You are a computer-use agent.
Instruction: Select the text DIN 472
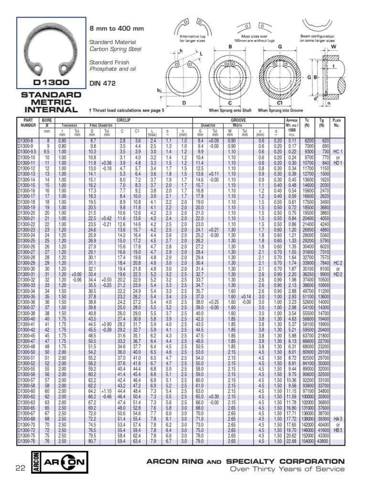102,83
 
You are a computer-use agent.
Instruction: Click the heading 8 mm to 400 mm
117,29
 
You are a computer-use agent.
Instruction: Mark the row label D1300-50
26,351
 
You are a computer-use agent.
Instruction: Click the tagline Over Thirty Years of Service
287,469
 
